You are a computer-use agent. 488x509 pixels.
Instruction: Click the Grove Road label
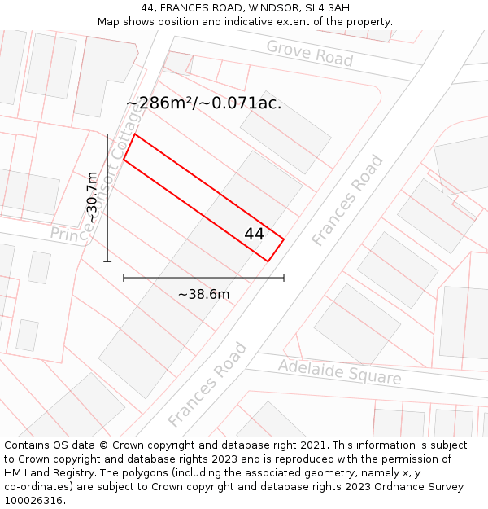(x=310, y=54)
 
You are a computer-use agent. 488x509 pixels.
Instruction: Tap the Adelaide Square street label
(x=340, y=372)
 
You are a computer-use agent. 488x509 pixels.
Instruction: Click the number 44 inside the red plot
(x=254, y=234)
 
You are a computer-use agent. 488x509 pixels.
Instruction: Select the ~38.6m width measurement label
(x=203, y=294)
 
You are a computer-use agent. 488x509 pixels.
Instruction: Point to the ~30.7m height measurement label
(x=93, y=197)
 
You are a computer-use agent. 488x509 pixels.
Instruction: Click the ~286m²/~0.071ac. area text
(x=204, y=103)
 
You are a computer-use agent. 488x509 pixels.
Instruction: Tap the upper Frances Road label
(x=347, y=200)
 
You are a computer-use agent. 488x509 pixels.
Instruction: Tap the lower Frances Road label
(x=207, y=385)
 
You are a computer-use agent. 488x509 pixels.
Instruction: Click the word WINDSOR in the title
(x=265, y=8)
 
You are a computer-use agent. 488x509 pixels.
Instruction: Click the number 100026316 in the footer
(x=35, y=501)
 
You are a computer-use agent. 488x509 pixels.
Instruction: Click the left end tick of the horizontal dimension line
(x=124, y=278)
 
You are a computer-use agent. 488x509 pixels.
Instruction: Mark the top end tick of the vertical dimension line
(x=107, y=134)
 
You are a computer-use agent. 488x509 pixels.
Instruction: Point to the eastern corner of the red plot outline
(x=284, y=239)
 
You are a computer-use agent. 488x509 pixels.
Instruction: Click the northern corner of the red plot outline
(x=135, y=134)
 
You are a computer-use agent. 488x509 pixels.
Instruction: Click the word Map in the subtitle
(x=109, y=22)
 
